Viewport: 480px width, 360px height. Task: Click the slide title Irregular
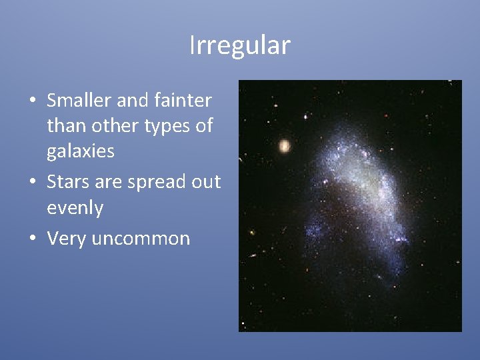pyautogui.click(x=240, y=46)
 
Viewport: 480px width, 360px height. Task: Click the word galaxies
pyautogui.click(x=81, y=151)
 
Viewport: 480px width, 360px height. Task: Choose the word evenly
pyautogui.click(x=75, y=209)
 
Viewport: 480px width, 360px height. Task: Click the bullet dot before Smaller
pyautogui.click(x=32, y=102)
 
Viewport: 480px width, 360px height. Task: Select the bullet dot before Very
pyautogui.click(x=32, y=239)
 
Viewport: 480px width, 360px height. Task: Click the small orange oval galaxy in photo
pyautogui.click(x=285, y=145)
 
